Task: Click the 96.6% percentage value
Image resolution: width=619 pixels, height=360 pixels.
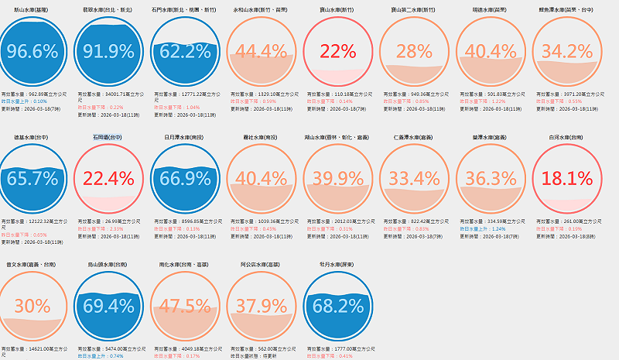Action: pos(32,52)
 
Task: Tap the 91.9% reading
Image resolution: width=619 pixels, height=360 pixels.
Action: pos(109,52)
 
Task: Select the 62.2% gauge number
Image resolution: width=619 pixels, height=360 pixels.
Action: pos(185,52)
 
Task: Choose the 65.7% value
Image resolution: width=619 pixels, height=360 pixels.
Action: pos(32,179)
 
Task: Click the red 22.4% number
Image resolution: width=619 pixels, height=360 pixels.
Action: pos(109,179)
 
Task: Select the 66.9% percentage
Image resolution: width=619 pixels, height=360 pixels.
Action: pos(185,179)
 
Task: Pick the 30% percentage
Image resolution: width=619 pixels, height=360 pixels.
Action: pos(32,306)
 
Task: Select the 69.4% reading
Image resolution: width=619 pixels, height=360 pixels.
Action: pos(109,306)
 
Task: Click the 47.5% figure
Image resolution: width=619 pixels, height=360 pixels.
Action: pos(185,306)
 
